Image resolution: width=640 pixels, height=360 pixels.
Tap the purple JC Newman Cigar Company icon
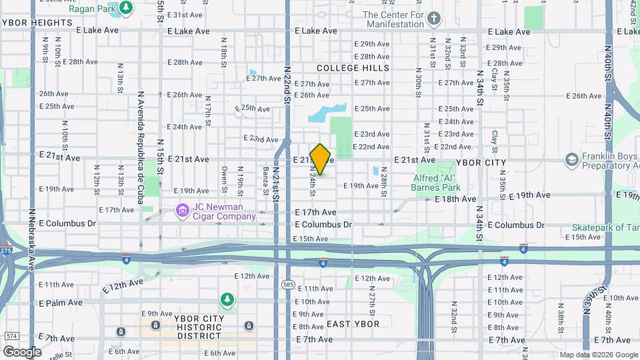[181, 211]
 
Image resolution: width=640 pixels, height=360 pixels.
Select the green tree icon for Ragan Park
[125, 8]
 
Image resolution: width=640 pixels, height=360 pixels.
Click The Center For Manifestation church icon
[434, 18]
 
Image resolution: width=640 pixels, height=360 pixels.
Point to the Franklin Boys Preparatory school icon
[571, 160]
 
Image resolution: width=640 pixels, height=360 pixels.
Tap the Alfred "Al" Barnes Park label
[437, 183]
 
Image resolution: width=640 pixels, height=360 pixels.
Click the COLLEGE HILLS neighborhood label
[353, 68]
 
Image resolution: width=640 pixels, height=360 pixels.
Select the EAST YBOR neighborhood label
[353, 324]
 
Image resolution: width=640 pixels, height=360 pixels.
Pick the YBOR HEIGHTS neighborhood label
[36, 22]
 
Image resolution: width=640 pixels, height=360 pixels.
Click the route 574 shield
[11, 335]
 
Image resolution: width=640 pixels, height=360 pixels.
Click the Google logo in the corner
[21, 351]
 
